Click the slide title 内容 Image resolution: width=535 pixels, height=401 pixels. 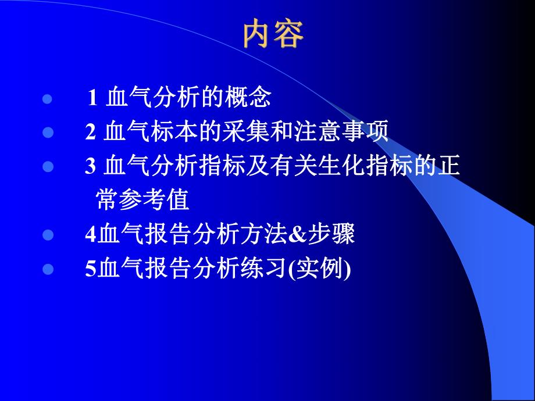coord(273,35)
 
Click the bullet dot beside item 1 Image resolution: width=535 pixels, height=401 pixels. coord(48,99)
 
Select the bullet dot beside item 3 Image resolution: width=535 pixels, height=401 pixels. coord(48,167)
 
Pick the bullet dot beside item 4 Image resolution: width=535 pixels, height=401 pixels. coord(48,236)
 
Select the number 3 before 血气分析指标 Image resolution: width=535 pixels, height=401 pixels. coord(90,167)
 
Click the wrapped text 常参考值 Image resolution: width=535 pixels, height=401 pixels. coord(142,201)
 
